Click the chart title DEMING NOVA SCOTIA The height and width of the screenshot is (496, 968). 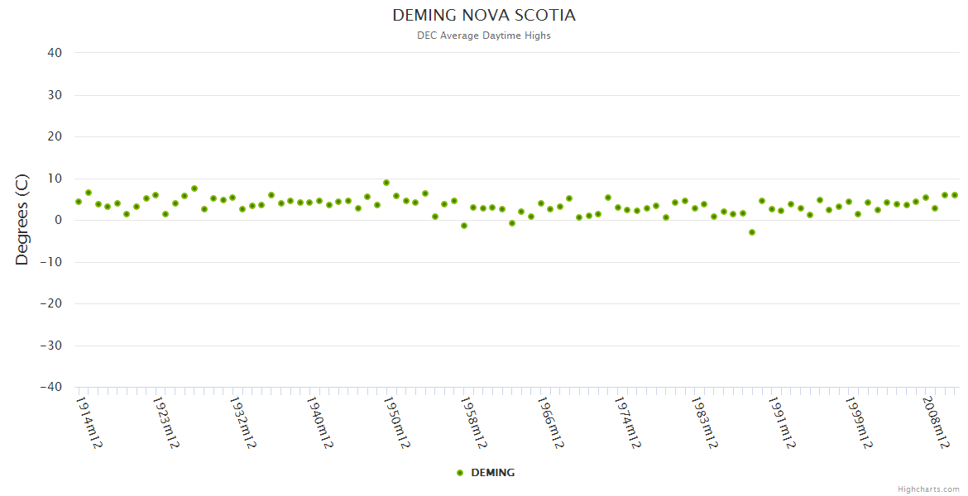[484, 16]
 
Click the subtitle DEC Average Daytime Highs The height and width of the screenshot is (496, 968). [484, 36]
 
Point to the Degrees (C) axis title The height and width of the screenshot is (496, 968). [22, 219]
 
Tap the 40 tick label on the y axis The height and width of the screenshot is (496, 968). [55, 53]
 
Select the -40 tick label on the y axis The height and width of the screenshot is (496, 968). [51, 387]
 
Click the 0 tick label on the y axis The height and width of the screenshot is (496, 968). [59, 220]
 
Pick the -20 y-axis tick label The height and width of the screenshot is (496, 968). [51, 303]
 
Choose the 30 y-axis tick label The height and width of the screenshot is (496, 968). [55, 95]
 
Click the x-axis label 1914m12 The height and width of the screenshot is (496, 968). [89, 422]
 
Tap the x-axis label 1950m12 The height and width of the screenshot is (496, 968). [396, 422]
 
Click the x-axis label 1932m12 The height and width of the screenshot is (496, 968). [242, 422]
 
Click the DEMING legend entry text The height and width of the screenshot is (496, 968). [493, 473]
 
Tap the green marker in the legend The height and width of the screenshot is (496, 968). [460, 473]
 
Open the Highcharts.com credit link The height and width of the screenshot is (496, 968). [928, 489]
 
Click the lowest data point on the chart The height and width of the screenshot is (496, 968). [752, 232]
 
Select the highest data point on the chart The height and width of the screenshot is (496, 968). [386, 183]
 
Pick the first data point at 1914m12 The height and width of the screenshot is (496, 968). [79, 202]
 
